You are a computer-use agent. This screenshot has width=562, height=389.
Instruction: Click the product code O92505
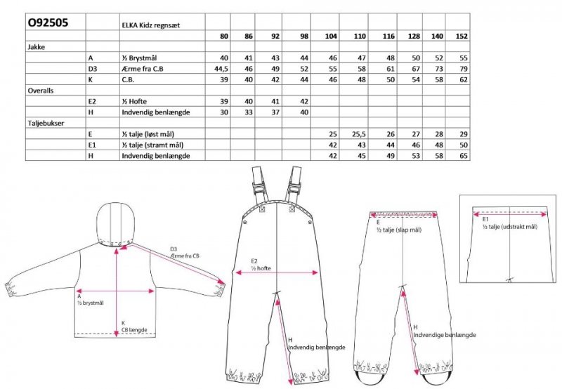point(48,22)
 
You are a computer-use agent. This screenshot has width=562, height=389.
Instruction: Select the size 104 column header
point(331,37)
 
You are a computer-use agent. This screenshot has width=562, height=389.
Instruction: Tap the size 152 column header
point(462,37)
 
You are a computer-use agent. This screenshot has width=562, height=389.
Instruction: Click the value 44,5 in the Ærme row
point(221,69)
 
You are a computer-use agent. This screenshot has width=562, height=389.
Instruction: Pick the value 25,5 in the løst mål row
point(358,134)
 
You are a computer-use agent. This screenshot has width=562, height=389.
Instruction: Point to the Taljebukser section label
point(46,123)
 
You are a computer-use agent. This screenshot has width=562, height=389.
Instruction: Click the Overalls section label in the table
point(41,91)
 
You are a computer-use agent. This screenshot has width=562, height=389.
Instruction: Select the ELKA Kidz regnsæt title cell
point(150,25)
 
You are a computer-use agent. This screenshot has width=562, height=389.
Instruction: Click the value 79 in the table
point(464,69)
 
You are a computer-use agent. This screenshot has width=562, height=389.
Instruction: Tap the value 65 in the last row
point(464,156)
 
